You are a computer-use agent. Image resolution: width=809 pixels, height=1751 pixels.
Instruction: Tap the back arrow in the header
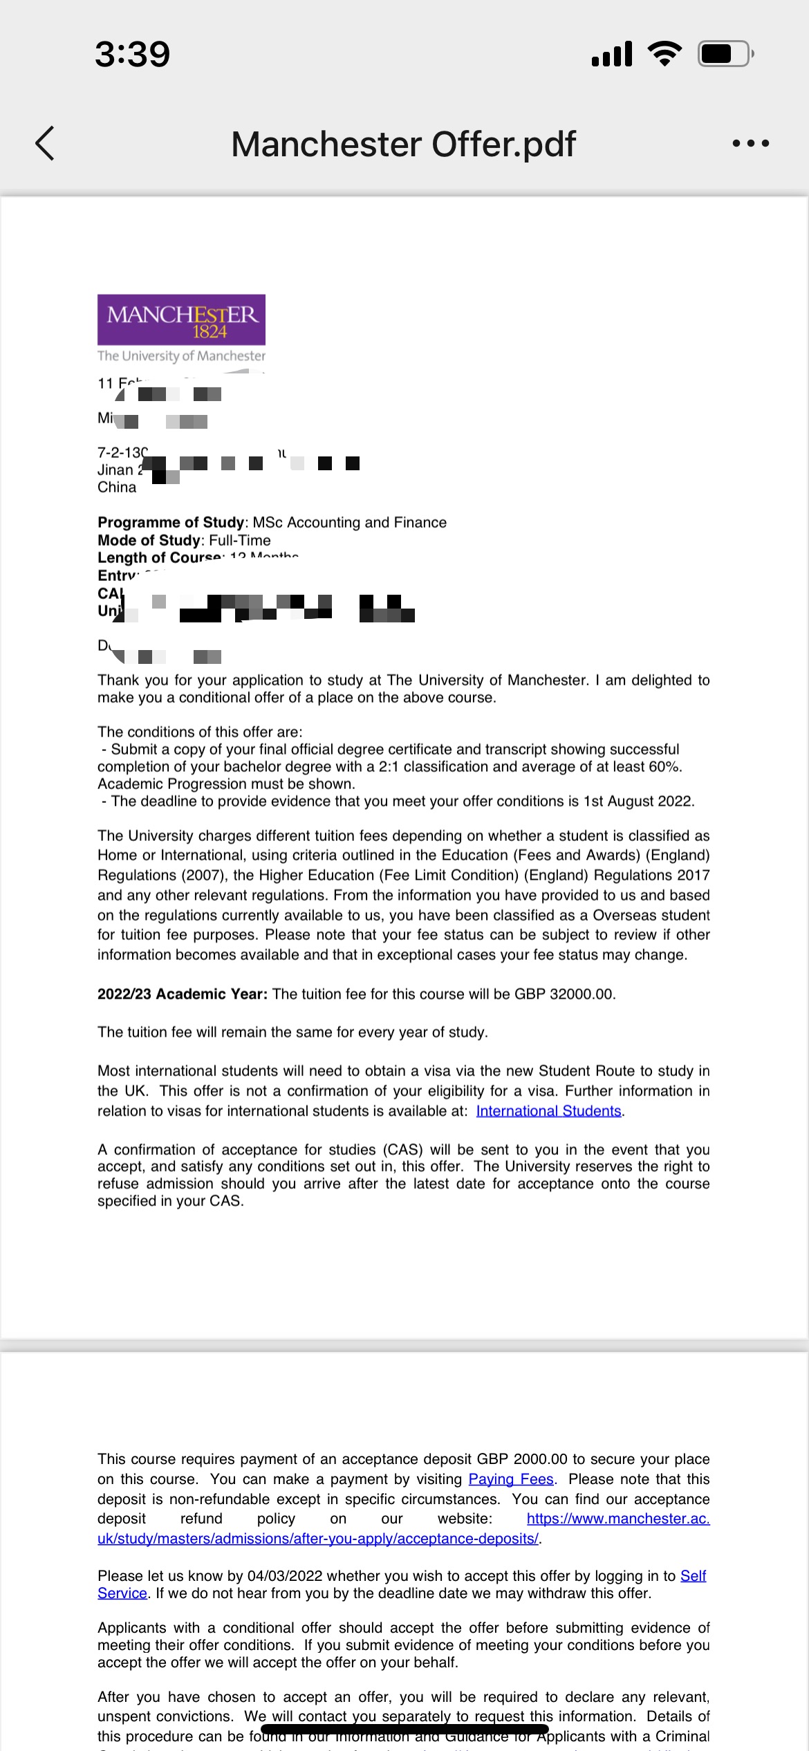tap(45, 144)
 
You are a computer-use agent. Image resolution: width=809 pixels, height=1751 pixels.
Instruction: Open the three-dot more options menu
tap(750, 144)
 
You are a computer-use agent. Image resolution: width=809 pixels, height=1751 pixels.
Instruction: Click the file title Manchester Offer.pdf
tap(403, 144)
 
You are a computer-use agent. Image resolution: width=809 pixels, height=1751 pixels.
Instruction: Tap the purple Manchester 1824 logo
tap(181, 320)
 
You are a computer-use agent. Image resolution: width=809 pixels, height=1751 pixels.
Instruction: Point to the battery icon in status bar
tap(725, 53)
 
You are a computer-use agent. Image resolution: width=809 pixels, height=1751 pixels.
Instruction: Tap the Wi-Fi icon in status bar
tap(664, 53)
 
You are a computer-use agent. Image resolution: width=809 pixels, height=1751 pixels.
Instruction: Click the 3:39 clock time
tap(132, 54)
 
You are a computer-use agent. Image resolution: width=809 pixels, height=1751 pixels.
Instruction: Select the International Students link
tap(548, 1111)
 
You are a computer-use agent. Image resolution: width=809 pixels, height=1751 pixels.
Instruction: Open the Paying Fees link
tap(511, 1479)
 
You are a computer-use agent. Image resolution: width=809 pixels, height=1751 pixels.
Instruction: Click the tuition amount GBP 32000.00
tap(564, 994)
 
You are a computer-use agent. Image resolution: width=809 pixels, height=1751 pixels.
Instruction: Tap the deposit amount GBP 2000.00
tap(521, 1459)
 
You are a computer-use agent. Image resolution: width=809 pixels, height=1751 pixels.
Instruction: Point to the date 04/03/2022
tap(285, 1576)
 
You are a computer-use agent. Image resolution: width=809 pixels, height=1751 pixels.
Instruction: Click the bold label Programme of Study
tap(171, 522)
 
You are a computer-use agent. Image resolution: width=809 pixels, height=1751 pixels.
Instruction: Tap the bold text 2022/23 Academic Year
tap(182, 994)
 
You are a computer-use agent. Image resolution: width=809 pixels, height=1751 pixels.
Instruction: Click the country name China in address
tap(117, 487)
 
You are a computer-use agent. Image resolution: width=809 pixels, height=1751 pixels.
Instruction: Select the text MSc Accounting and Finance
tap(349, 522)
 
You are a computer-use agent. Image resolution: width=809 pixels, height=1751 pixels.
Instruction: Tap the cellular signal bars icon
tap(612, 54)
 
